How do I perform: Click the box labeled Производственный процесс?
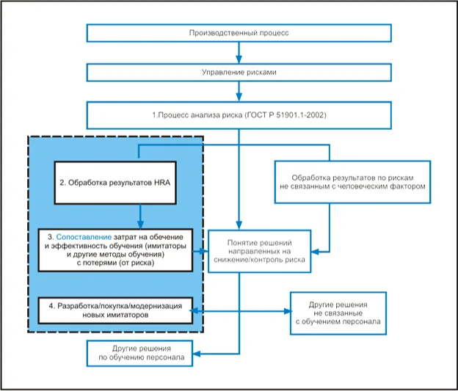coord(239,33)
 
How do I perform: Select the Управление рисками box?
coord(239,73)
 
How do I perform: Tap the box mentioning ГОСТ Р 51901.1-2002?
coord(239,115)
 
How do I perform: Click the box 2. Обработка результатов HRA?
coord(115,183)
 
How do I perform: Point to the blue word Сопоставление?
coord(84,237)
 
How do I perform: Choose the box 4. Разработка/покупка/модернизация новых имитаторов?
coord(115,311)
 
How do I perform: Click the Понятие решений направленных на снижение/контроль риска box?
coord(259,252)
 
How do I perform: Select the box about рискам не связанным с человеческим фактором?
coord(352,182)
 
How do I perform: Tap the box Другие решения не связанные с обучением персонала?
coord(338,313)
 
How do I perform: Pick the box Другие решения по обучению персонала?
coord(139,354)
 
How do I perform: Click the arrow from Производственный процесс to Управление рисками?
coord(239,53)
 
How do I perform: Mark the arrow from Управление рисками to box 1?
coord(239,92)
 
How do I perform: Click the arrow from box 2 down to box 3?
coord(140,216)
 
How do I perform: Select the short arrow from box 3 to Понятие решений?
coord(200,251)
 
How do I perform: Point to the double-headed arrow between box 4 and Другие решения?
coord(241,311)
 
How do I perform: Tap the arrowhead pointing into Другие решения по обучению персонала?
coord(196,354)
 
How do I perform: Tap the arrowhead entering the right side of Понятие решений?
coord(315,252)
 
